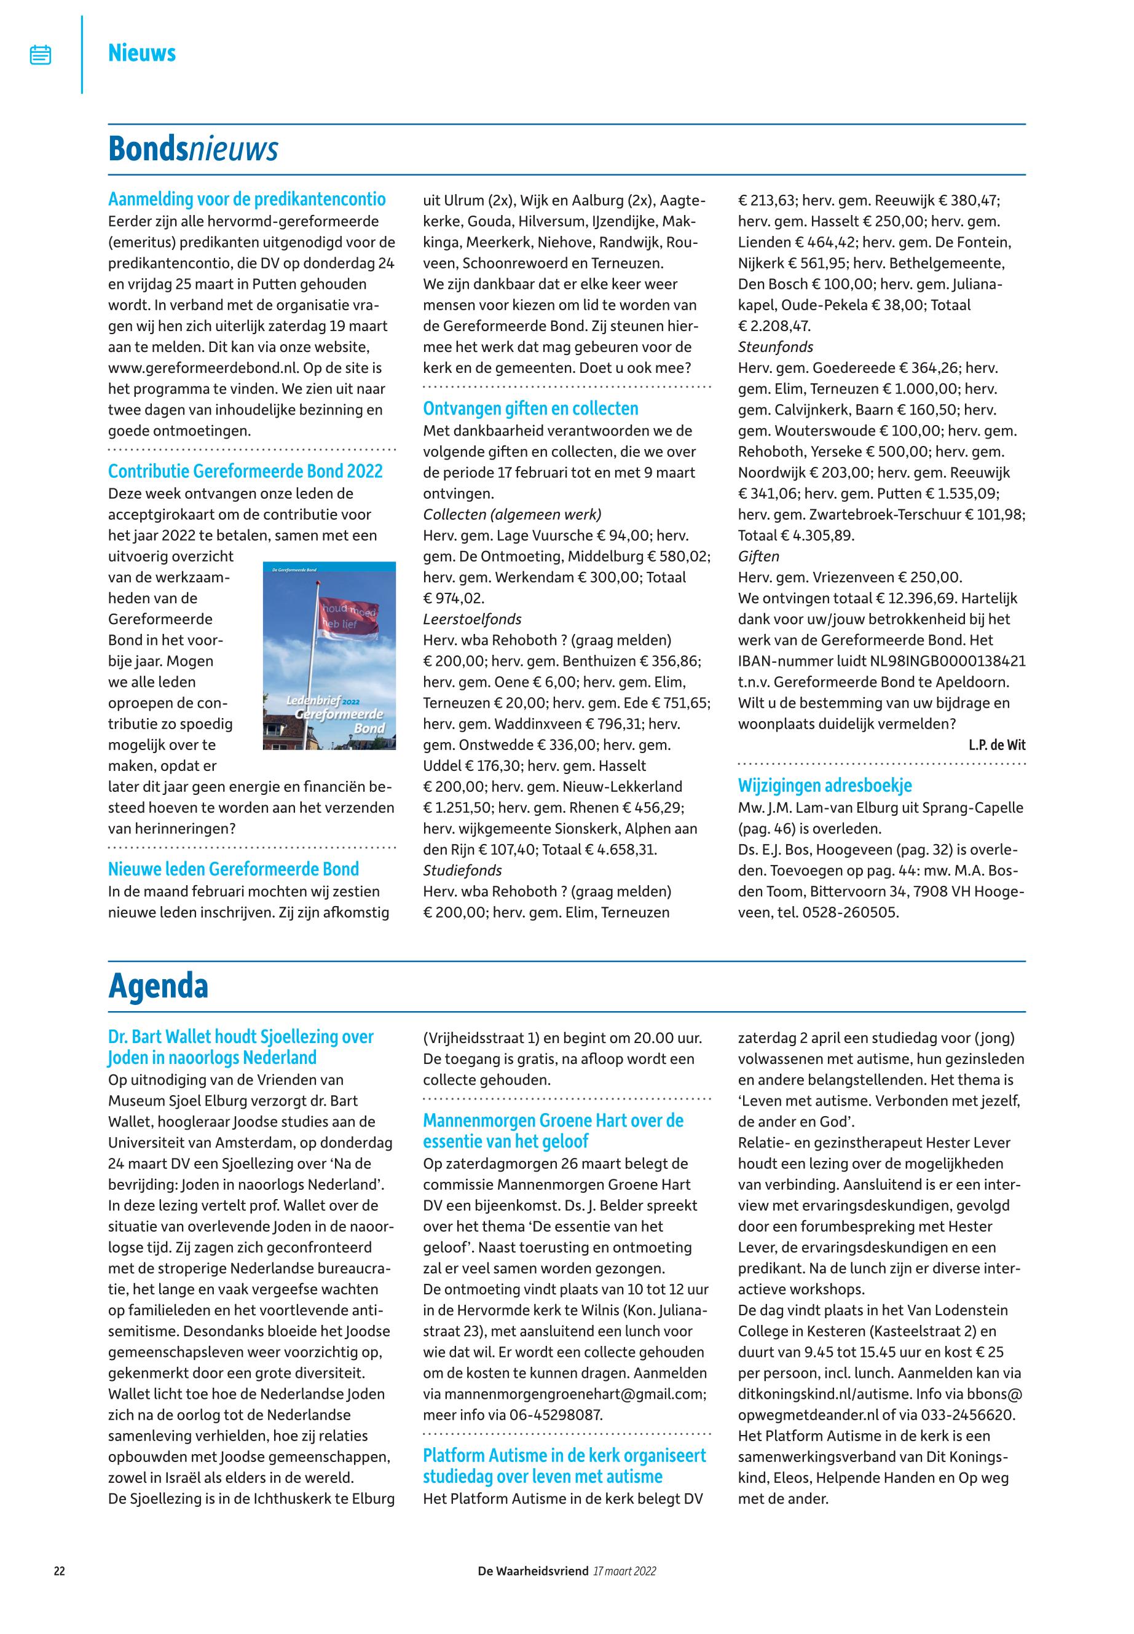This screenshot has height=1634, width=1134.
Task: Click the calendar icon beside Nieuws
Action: [x=41, y=55]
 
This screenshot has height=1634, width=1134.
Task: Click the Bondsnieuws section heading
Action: [x=192, y=149]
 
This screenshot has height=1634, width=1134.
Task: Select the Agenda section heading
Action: [x=158, y=986]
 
